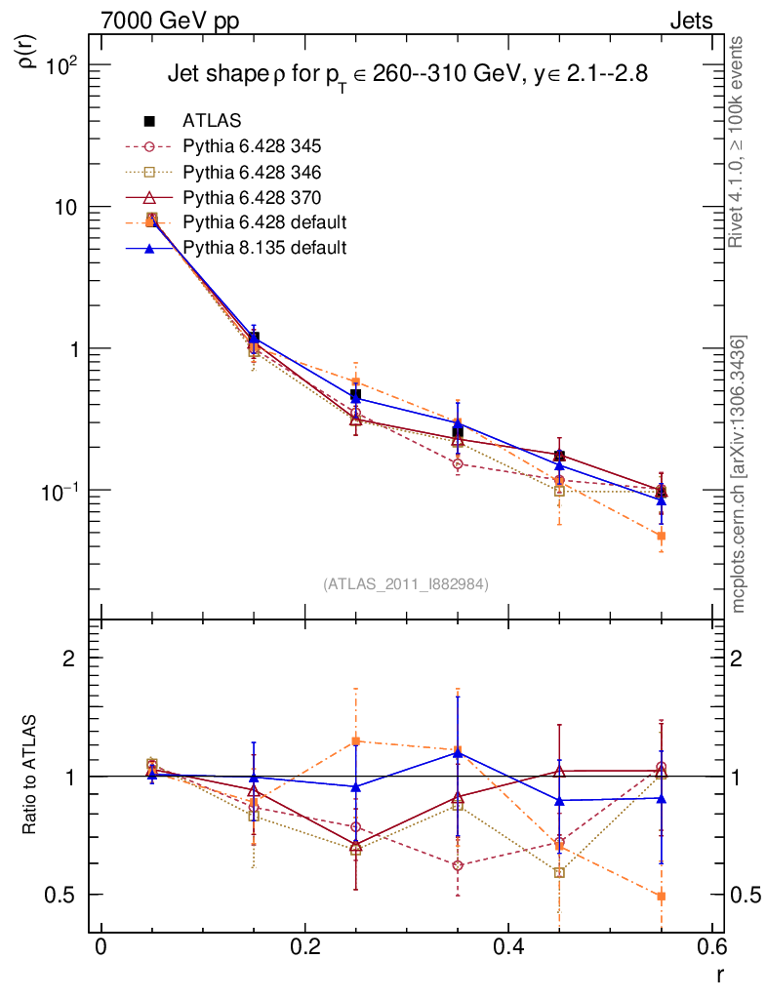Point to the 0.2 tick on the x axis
(304, 947)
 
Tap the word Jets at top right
(690, 20)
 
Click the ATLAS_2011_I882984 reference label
(406, 583)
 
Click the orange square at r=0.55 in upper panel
(661, 536)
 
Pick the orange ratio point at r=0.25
(355, 740)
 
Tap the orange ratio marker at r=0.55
(661, 896)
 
